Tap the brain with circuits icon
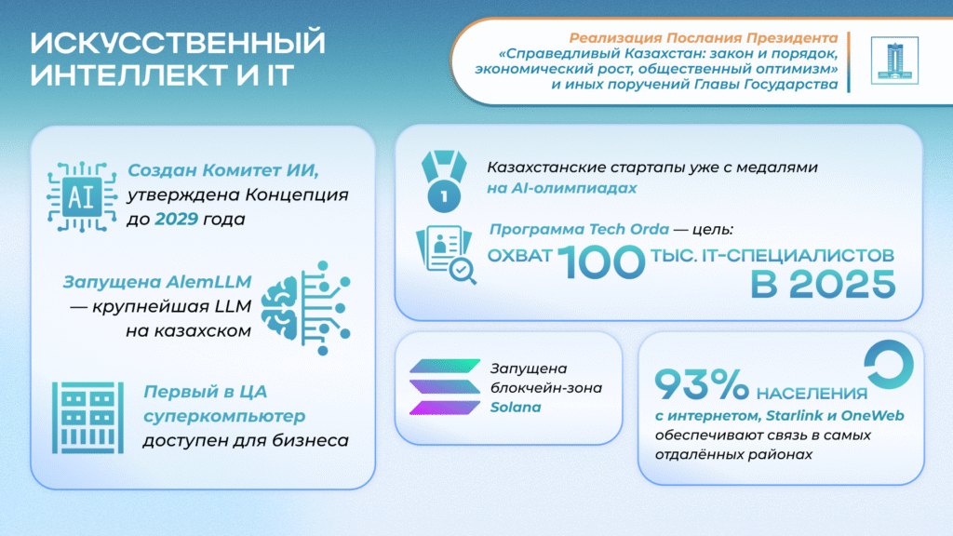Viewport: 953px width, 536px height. (307, 305)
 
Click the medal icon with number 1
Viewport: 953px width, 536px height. (444, 180)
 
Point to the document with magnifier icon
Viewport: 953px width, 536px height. (446, 253)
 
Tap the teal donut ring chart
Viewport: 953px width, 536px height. (888, 366)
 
